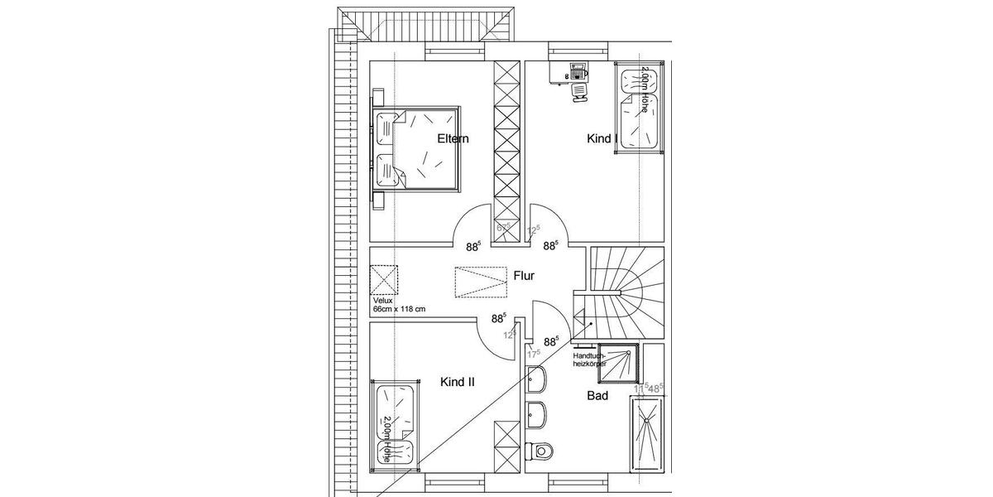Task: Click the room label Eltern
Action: point(453,138)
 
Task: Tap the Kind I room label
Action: point(602,138)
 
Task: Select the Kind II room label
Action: point(458,382)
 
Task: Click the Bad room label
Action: point(597,396)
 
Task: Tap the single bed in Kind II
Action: point(396,422)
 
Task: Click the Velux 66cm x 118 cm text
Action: point(398,305)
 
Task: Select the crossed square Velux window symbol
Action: point(384,279)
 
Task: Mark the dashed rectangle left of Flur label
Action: point(479,280)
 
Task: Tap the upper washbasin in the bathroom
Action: point(536,382)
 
